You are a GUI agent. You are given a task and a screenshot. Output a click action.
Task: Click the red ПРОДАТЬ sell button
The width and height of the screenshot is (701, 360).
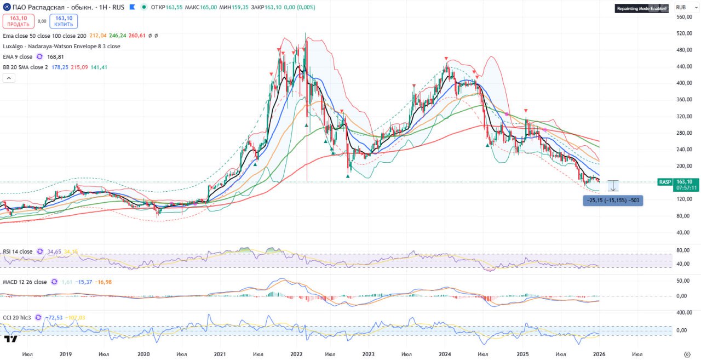[19, 21]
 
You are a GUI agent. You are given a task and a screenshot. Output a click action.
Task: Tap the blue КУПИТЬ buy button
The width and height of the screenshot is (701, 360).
[64, 21]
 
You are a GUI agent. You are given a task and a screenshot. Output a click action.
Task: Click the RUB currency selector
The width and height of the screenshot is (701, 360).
[681, 7]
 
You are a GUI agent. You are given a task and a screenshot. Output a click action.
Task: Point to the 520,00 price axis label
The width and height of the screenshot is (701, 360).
[684, 33]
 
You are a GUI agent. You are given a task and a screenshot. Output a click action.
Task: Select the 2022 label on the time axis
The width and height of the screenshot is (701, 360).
[297, 355]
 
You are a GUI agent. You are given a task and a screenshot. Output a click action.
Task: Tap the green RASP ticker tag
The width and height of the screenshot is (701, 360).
[665, 182]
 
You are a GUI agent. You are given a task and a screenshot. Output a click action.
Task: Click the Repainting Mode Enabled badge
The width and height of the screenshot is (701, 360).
[642, 8]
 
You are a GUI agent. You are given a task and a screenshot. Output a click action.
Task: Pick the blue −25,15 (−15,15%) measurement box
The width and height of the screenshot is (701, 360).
[613, 201]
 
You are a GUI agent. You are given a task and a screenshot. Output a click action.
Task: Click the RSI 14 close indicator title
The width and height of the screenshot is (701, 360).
[18, 252]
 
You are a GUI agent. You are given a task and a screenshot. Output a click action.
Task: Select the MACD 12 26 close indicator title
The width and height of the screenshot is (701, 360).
[25, 282]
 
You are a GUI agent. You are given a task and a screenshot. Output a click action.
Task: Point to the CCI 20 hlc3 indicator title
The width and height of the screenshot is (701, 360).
[18, 317]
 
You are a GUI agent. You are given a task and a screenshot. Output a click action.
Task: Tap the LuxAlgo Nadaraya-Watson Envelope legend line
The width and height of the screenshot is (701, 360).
[61, 46]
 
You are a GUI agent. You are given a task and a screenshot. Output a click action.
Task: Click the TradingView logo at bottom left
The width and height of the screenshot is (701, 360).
[10, 338]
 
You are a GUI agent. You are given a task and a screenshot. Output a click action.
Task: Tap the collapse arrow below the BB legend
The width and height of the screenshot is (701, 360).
[8, 78]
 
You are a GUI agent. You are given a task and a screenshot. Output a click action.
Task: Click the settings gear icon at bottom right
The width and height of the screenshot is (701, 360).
[687, 355]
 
